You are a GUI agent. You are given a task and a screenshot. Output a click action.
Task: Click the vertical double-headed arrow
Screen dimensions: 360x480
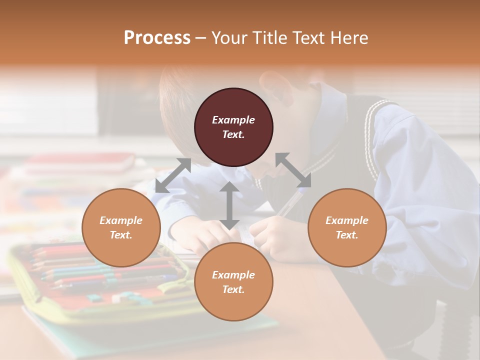[229, 205]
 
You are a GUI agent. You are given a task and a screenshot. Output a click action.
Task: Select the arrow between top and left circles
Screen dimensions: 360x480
[173, 175]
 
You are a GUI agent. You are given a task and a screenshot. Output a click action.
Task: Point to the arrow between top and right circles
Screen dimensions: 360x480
[293, 170]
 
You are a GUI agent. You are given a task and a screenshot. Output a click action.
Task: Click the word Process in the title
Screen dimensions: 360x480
[157, 38]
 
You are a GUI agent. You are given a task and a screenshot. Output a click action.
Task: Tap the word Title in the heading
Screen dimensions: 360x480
[270, 38]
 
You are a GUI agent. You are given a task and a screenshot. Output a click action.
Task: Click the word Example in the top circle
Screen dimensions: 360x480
[233, 120]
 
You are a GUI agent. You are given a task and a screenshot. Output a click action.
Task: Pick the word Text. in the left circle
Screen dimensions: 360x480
[121, 235]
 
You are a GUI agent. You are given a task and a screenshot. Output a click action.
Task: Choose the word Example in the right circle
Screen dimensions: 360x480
[347, 220]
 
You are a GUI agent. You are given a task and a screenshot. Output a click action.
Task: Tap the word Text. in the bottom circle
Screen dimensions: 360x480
[233, 289]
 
